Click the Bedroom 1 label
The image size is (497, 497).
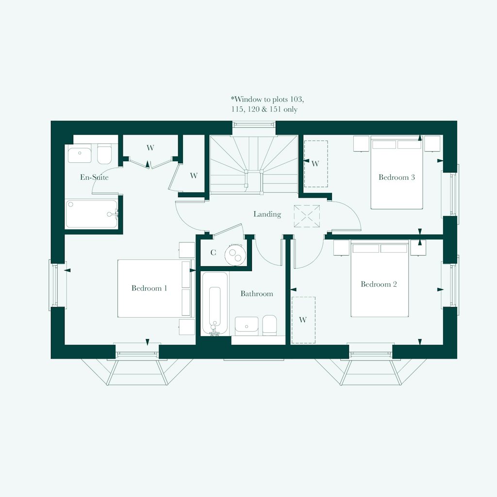(149, 288)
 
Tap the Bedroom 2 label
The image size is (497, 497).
(379, 284)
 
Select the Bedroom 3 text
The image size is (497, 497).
(397, 177)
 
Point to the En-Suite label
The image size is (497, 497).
(94, 177)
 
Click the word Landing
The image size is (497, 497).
(267, 214)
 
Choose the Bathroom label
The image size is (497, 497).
(257, 294)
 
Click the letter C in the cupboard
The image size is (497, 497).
(213, 253)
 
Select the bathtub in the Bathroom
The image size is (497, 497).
(214, 304)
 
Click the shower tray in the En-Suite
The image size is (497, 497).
(92, 214)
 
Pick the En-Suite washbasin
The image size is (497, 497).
(79, 155)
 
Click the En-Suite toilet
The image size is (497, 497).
(104, 155)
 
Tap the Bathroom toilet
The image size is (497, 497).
(269, 325)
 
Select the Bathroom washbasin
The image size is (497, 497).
(247, 325)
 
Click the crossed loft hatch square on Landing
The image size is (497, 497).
(307, 216)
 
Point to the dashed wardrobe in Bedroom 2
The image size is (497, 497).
(303, 320)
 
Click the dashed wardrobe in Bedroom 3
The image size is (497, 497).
(316, 164)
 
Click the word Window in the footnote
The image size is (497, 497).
(248, 100)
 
